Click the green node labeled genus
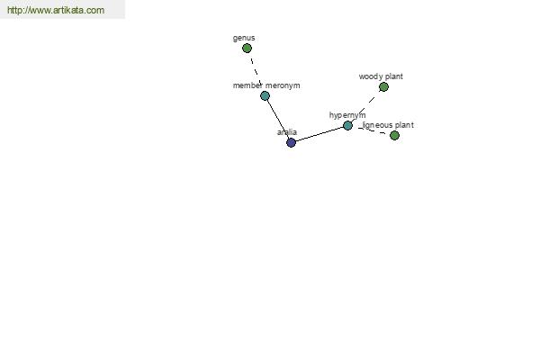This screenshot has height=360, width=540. coord(247,49)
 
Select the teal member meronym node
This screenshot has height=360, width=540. coord(265,95)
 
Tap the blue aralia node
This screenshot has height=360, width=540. coord(291,142)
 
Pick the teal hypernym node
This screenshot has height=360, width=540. coord(347,125)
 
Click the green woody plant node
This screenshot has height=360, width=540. coord(383,86)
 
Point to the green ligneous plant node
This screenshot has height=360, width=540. coord(395,135)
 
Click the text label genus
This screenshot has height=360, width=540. coord(244,38)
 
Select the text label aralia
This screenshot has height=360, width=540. coord(287,132)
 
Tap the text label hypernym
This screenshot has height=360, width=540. coord(347,115)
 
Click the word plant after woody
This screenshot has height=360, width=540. coord(394,76)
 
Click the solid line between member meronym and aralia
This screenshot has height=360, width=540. coord(278,119)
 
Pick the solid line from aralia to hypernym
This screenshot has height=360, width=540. coord(319,134)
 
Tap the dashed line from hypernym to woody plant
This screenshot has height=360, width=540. coord(365,106)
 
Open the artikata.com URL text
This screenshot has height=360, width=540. coord(56,10)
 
